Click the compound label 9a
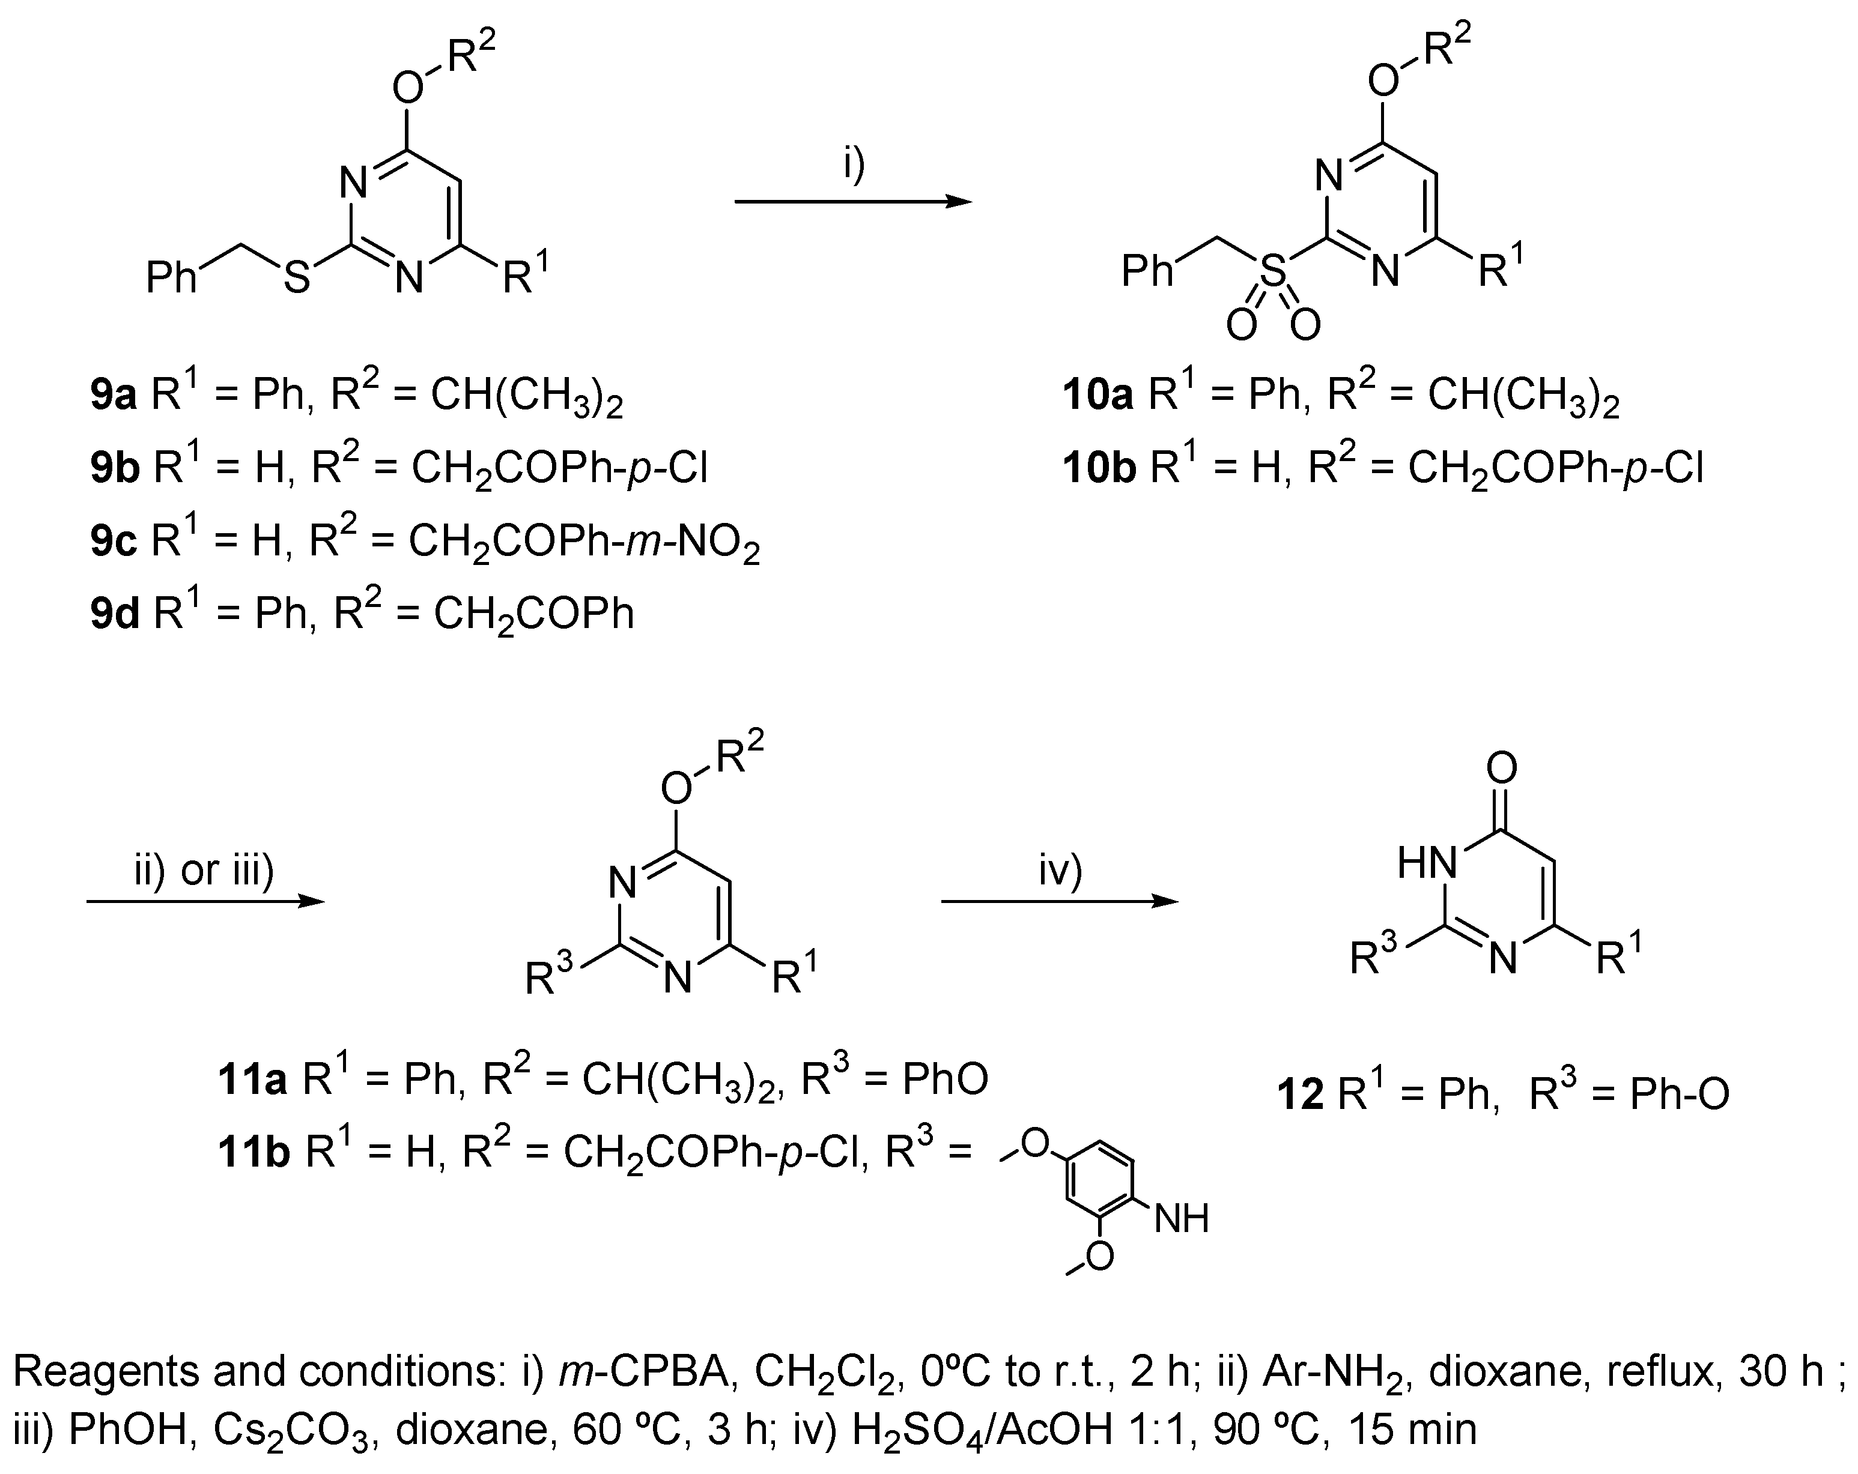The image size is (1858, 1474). click(x=114, y=396)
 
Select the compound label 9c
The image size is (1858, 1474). click(x=114, y=543)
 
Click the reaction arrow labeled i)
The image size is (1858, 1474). click(x=852, y=202)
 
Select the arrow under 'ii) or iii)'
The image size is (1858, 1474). click(x=205, y=902)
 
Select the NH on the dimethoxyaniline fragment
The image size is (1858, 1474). click(x=1182, y=1219)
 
